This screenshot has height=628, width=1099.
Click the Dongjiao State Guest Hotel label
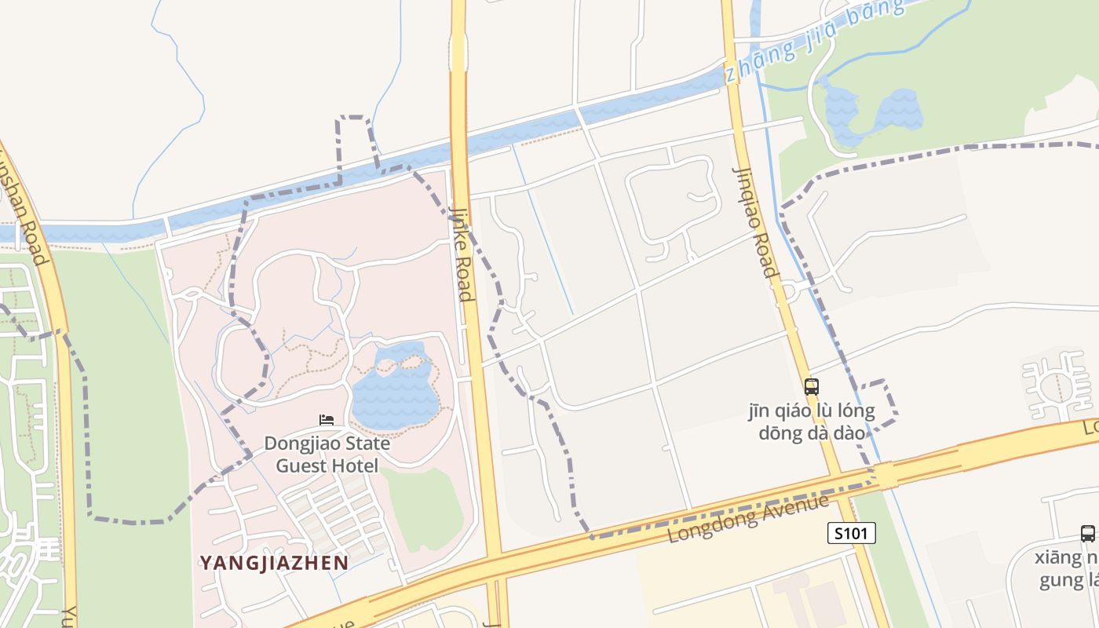tap(327, 455)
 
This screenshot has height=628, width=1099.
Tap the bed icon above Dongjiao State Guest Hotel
tap(327, 421)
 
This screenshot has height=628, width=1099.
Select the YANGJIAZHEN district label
tap(274, 563)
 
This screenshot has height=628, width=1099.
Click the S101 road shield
tap(852, 534)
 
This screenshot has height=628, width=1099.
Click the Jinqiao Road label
tap(755, 222)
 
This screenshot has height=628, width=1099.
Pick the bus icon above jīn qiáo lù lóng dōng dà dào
tap(812, 386)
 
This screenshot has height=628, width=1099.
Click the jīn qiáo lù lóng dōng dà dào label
tap(811, 422)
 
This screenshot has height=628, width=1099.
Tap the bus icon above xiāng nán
tap(1087, 534)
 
